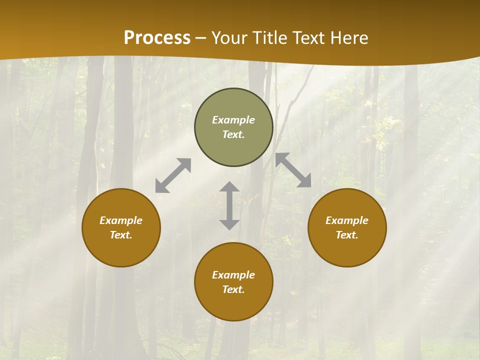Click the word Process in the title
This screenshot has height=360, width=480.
[x=157, y=38]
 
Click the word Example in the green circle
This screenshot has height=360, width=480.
[x=233, y=120]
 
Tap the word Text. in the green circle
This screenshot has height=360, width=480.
[x=233, y=134]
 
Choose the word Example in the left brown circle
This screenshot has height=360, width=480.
[x=121, y=220]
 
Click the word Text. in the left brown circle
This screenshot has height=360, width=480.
[x=121, y=235]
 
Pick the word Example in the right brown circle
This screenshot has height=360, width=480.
[x=347, y=220]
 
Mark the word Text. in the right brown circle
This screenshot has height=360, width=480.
[x=347, y=235]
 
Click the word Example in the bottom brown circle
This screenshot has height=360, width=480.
[x=233, y=275]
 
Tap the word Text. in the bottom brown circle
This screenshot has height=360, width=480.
[x=233, y=289]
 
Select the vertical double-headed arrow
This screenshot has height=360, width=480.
[x=229, y=205]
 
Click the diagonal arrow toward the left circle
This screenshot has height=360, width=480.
[x=173, y=175]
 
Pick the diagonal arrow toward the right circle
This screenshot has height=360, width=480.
[x=293, y=170]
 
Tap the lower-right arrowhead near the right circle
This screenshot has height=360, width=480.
[x=304, y=181]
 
